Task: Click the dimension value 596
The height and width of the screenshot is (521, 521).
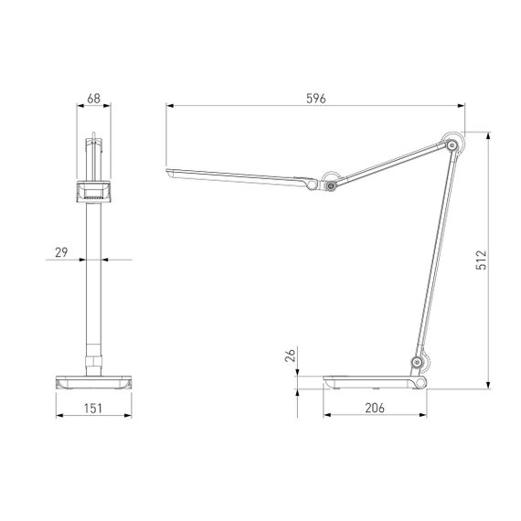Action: [315, 98]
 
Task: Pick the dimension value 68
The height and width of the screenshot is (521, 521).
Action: [93, 98]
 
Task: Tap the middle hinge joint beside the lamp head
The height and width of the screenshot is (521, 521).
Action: [328, 185]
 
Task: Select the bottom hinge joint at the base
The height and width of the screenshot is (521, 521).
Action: [418, 366]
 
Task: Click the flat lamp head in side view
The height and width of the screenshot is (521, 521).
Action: [238, 176]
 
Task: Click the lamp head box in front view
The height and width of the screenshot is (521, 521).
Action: [92, 190]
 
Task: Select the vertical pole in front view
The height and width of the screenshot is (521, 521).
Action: [91, 274]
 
